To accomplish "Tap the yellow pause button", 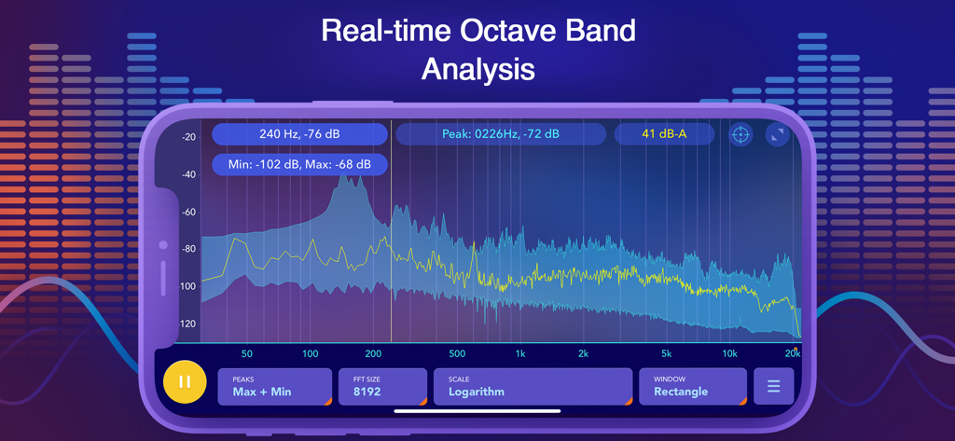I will tap(185, 382).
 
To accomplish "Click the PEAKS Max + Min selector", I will tap(274, 386).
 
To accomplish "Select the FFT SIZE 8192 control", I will tap(382, 386).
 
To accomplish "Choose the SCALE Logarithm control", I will tap(533, 386).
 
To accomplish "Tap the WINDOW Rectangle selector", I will tap(692, 386).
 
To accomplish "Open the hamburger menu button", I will tap(773, 385).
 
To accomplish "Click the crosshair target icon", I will tap(740, 134).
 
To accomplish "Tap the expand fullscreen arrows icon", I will tap(777, 134).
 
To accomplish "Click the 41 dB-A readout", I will tap(664, 134).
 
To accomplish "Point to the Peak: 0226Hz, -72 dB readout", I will tap(501, 134).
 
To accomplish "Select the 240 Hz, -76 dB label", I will tap(299, 134).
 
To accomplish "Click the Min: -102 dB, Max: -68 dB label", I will tap(299, 165).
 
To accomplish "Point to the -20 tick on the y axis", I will tap(189, 137).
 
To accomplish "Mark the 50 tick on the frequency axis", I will tap(246, 354).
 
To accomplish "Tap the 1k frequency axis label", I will tap(520, 354).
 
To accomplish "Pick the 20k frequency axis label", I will tap(792, 354).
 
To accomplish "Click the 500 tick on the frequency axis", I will tap(457, 354).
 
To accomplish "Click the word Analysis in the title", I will tap(477, 69).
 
